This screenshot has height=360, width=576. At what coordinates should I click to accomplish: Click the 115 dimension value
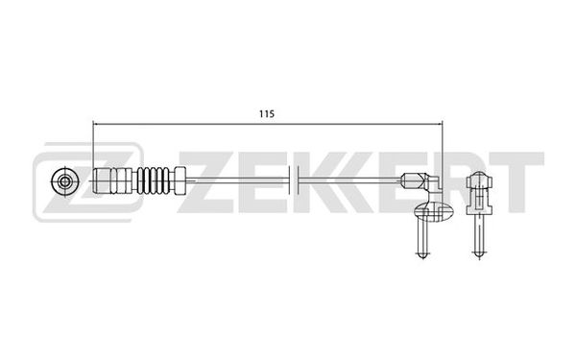point(267,114)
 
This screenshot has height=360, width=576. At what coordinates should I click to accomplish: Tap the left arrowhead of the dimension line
point(95,124)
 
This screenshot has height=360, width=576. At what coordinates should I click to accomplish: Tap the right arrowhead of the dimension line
point(440,124)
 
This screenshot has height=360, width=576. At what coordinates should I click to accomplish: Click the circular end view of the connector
point(65,181)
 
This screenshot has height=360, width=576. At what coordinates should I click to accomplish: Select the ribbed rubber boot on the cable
point(153,180)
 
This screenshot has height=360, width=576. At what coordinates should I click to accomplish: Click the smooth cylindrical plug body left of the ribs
point(112,180)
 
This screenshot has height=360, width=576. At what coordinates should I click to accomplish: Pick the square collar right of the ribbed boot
point(180,180)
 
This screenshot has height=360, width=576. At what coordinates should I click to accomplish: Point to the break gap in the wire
point(295,180)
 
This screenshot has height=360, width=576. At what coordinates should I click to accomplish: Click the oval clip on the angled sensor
point(434,212)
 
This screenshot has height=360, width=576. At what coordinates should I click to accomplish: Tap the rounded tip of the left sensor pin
point(422,254)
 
